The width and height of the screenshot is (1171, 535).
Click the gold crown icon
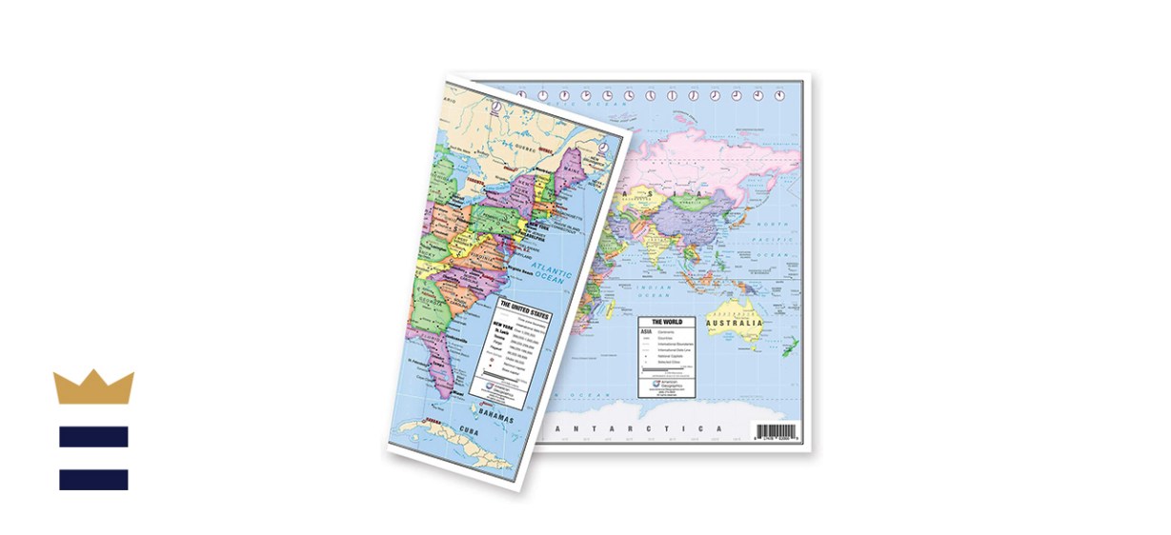click(93, 387)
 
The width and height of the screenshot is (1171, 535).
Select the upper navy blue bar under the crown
click(93, 437)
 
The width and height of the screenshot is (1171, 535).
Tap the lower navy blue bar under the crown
click(93, 479)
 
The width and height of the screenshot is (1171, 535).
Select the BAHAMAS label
click(495, 420)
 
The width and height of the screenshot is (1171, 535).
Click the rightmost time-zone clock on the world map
click(779, 95)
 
